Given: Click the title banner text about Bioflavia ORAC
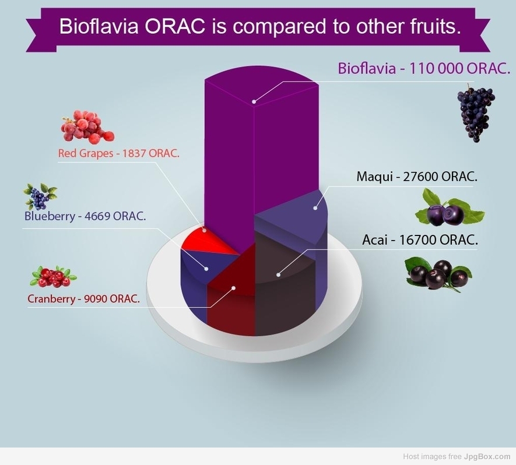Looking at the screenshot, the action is (x=260, y=26).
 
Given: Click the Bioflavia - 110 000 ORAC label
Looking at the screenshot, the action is (x=424, y=68).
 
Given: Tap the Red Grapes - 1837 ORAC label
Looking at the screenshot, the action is (x=119, y=153).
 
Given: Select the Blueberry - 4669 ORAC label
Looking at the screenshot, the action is (x=85, y=216).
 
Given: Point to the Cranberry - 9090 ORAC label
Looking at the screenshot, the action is (x=83, y=298).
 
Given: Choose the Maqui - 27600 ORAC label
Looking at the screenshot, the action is (x=417, y=177).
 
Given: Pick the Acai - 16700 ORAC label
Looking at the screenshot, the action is (x=420, y=239).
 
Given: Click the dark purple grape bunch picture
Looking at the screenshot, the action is (x=476, y=113).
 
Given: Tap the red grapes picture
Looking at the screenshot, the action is (x=87, y=127).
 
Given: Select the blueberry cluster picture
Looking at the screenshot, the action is (x=40, y=196).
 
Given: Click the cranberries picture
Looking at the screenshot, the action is (x=53, y=276).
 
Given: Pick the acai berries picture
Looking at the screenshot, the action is (x=438, y=275).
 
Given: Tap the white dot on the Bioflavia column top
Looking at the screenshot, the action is (x=254, y=101).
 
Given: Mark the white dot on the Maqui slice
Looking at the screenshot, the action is (x=315, y=208).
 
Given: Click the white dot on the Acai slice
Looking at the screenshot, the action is (x=278, y=274).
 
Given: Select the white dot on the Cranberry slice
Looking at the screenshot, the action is (x=233, y=288).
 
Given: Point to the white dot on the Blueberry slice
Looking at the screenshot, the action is (x=206, y=269).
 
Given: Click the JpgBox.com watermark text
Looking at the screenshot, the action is (x=487, y=456).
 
